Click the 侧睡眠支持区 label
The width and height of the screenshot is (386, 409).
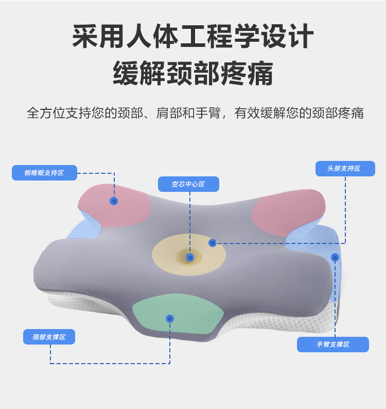(44, 173)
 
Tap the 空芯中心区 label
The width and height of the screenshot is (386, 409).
(188, 184)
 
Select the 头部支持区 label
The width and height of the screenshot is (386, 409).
(344, 169)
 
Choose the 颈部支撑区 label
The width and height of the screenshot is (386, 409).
(49, 337)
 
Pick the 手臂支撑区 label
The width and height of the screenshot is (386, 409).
(333, 345)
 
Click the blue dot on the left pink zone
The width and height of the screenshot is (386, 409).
(114, 201)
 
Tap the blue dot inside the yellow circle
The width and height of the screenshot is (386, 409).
(190, 257)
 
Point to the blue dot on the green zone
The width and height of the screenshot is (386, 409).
(170, 319)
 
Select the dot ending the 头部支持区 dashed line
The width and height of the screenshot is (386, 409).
(212, 243)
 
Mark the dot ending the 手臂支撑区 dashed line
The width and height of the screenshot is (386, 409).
(335, 257)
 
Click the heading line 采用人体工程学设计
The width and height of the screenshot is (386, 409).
(192, 37)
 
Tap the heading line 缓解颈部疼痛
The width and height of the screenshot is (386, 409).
(192, 73)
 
